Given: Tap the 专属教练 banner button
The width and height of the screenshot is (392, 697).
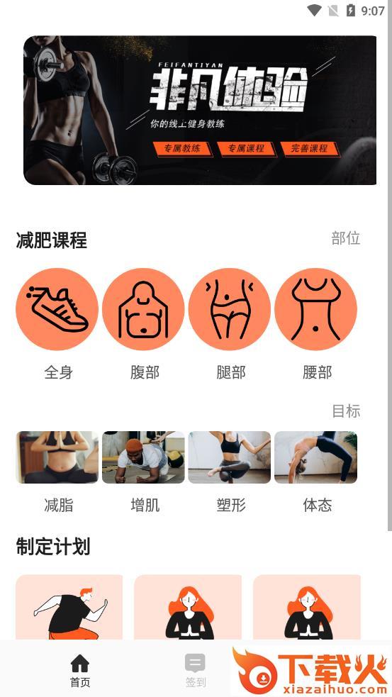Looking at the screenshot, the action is coord(182,148).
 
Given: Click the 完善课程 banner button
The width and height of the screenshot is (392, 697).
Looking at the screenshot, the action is coord(309,148).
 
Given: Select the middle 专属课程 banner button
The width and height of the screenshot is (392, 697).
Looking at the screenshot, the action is coord(246,148).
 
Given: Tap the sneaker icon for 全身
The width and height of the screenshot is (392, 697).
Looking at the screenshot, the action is coord(57,309).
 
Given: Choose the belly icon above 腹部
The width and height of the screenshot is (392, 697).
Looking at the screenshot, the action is coord(143,309).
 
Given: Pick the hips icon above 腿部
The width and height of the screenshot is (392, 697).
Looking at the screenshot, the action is coord(230,309).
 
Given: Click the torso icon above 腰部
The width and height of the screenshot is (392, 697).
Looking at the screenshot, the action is coord(315,309).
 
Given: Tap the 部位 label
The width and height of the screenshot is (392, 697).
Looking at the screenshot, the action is coord(346,238).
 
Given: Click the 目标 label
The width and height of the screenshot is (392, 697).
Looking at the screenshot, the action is coord(346,411).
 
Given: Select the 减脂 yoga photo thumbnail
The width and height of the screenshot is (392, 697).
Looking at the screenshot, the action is coord(57,457).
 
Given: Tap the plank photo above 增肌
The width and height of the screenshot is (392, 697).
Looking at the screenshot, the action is coord(143,457).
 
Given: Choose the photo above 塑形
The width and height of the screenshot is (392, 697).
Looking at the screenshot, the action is coord(230,457).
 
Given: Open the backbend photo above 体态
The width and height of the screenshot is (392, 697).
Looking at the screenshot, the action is coord(315,457).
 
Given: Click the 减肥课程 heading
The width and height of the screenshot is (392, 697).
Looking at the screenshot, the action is coord(52,240).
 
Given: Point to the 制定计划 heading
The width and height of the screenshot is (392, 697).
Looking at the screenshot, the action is coord(53,546).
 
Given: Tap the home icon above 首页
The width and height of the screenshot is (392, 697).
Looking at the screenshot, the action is coord(80,663).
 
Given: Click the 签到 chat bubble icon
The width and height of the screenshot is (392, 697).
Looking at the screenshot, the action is coord(195,663).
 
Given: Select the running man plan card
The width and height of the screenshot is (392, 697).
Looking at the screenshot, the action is coord(69,607).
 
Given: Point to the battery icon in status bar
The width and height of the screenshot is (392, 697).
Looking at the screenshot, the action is coord(351,10).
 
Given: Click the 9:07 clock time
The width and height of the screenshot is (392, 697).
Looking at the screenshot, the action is coord(373,11).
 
